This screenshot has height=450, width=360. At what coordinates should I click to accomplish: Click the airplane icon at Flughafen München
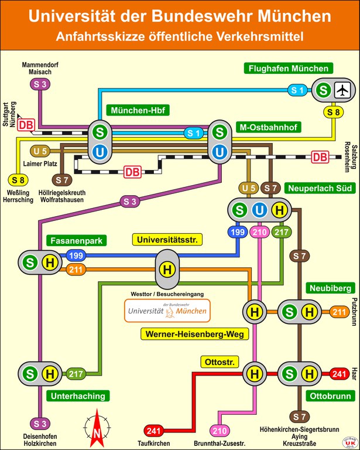(x=341, y=90)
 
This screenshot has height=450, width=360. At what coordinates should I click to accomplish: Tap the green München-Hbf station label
(x=137, y=111)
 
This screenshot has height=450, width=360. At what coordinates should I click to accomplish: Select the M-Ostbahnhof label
(x=268, y=127)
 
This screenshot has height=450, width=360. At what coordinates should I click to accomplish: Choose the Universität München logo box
(x=167, y=311)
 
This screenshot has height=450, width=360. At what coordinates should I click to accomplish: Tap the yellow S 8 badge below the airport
(x=332, y=112)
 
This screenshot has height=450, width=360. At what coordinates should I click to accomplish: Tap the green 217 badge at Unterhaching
(x=76, y=374)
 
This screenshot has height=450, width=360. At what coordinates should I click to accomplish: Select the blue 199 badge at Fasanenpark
(x=76, y=255)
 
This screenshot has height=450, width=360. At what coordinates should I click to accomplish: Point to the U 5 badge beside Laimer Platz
(x=40, y=151)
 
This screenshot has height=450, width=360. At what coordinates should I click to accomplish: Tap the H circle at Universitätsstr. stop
(x=167, y=269)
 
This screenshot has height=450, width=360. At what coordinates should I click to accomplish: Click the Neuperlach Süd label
(x=319, y=189)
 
